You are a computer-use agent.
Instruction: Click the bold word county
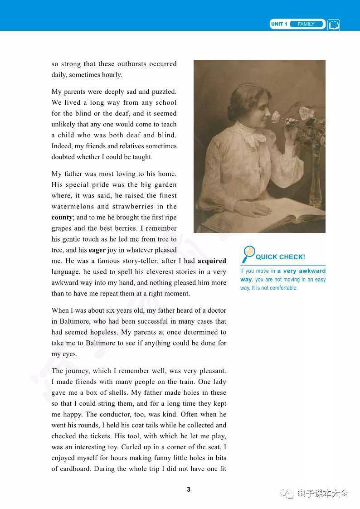62,218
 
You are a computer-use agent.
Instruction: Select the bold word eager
97,250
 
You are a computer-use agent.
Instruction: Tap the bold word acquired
212,261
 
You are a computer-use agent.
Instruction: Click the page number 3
189,490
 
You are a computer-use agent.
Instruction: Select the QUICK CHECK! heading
280,257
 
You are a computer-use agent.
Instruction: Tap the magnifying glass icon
248,254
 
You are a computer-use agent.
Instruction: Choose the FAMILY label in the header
306,24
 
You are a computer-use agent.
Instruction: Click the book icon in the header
334,24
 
